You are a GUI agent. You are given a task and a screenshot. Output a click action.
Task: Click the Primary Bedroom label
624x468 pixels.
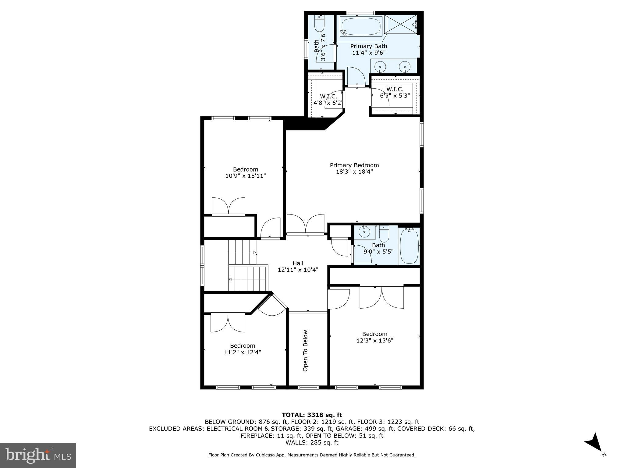click(354, 165)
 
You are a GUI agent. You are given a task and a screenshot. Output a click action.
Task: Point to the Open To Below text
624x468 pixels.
click(305, 351)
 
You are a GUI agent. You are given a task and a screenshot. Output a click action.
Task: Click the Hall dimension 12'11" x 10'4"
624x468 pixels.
click(298, 270)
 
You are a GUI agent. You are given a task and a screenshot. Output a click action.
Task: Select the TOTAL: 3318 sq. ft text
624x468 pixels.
click(312, 415)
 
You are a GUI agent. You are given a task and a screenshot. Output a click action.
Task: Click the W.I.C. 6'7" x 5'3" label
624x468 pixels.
click(395, 92)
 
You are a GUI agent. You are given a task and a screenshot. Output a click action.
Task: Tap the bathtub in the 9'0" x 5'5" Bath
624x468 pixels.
click(409, 246)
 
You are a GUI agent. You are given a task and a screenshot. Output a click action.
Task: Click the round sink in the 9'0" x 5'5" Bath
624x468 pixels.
click(364, 232)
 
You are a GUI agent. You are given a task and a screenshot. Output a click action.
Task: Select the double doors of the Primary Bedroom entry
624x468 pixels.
click(305, 224)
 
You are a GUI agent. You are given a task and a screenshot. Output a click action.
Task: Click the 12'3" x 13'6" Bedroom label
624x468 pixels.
click(374, 337)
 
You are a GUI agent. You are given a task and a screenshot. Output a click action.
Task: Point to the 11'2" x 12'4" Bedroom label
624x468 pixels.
click(243, 349)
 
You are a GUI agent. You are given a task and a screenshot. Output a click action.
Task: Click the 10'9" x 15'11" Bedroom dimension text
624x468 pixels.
click(246, 176)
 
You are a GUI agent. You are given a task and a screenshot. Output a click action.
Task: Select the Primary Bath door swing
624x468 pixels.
click(356, 76)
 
